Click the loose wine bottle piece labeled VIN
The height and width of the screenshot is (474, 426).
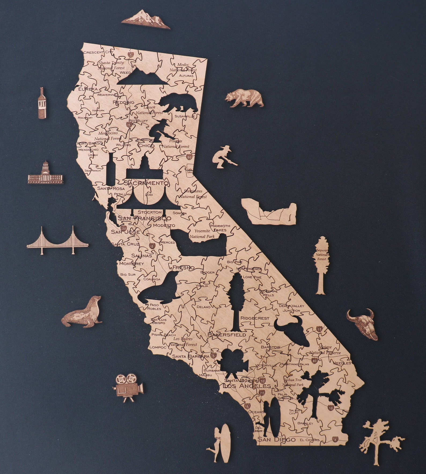(42, 103)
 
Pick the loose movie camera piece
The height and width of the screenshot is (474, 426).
(128, 387)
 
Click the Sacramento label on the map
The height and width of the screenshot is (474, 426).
(146, 183)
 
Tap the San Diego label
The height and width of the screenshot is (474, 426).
(276, 439)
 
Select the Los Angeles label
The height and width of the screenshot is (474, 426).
(247, 386)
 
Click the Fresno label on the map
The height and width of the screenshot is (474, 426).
(183, 268)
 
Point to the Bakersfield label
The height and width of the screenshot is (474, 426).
(227, 335)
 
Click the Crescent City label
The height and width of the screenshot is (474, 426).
(97, 52)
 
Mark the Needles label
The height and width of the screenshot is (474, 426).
(341, 363)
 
